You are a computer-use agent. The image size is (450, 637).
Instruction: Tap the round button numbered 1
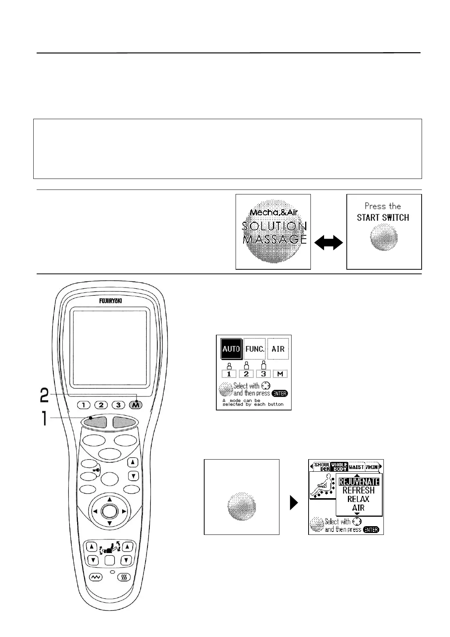click(84, 405)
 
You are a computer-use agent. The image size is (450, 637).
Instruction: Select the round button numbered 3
click(118, 405)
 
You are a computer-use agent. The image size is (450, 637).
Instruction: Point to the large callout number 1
click(44, 418)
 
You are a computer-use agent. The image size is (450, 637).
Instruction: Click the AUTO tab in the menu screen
click(231, 349)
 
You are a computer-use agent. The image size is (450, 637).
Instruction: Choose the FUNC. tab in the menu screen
click(255, 349)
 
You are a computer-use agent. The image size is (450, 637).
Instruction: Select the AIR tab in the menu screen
click(278, 349)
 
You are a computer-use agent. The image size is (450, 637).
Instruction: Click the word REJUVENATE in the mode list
click(358, 482)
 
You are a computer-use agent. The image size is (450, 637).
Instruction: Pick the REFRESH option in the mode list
click(358, 490)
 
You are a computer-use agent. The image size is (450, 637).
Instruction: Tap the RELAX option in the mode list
click(358, 499)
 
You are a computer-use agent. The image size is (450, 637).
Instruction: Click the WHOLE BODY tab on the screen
click(339, 467)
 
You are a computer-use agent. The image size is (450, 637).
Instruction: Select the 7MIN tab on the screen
click(372, 467)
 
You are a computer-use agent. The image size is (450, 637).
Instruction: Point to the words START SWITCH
click(383, 218)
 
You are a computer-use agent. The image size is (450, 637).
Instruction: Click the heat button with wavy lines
click(124, 577)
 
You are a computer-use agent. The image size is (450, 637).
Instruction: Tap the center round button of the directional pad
click(110, 511)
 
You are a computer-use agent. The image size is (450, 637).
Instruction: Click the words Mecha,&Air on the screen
click(273, 212)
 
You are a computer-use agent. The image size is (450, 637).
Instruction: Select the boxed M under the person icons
click(280, 374)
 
